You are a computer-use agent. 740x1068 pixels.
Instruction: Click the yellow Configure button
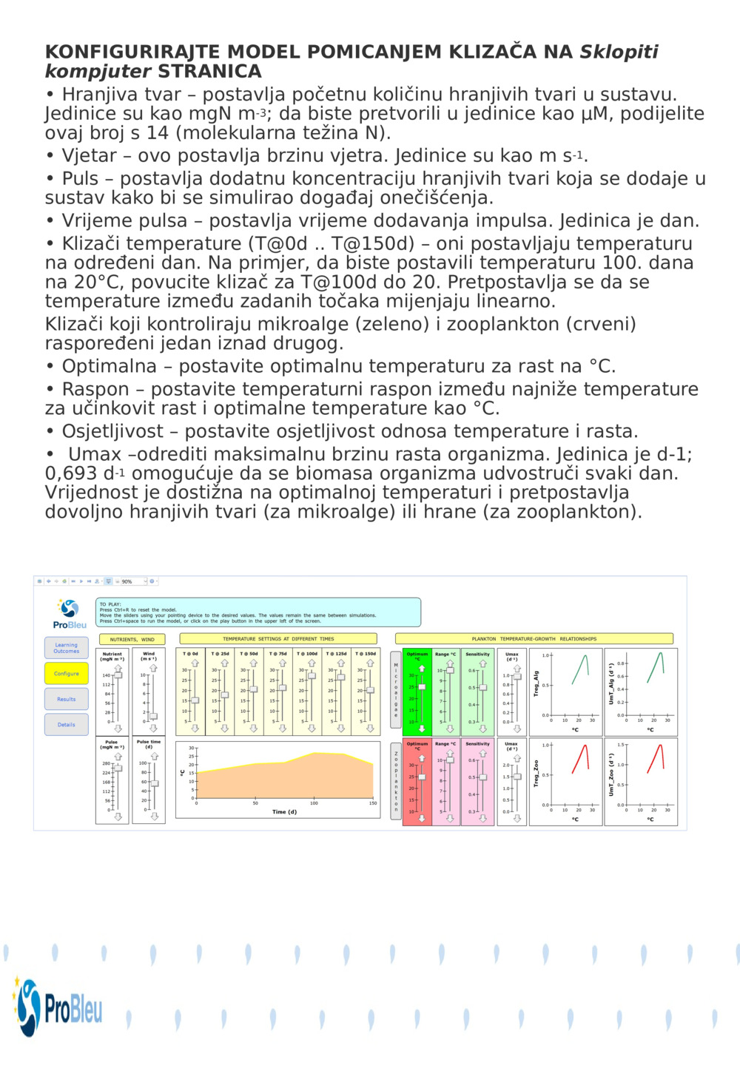(x=66, y=674)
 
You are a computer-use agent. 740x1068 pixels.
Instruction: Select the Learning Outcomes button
(x=66, y=648)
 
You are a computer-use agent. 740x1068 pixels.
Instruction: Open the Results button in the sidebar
(x=66, y=699)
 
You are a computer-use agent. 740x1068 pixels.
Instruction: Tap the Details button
(x=66, y=725)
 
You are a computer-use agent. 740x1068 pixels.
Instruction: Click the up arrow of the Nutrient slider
(x=118, y=667)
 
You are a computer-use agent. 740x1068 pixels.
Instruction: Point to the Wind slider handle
(x=153, y=717)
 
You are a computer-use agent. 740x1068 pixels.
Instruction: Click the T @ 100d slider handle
(x=312, y=675)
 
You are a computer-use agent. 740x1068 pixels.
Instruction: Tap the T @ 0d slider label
(x=190, y=654)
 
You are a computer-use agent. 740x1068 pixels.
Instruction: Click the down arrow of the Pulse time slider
(x=155, y=817)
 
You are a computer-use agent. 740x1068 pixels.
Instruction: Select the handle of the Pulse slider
(x=118, y=768)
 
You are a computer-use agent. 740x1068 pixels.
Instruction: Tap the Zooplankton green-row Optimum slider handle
(x=422, y=777)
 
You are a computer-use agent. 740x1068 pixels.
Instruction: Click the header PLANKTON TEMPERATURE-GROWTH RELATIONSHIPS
(x=534, y=639)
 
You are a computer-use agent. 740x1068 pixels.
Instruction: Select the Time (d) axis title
(x=284, y=812)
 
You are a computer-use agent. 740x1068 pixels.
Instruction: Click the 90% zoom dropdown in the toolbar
(x=134, y=581)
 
